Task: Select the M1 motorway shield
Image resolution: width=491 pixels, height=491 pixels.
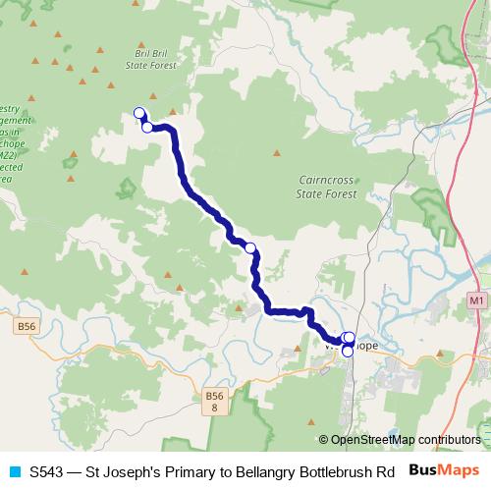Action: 477,300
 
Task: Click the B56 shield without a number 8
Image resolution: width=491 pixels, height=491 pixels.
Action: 26,323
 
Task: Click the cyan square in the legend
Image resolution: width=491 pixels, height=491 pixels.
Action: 14,470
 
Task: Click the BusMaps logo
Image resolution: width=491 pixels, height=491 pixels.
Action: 443,469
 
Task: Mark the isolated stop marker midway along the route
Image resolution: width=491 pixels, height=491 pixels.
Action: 250,248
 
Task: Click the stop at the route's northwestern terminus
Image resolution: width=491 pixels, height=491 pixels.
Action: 139,113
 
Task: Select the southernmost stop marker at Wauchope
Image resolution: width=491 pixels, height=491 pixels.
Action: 348,351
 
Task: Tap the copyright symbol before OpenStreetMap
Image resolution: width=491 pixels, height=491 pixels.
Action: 324,440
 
